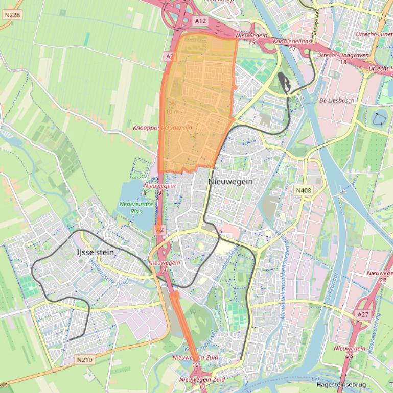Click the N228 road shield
tap(12, 15)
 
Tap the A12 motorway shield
tap(201, 21)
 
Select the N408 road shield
tap(304, 191)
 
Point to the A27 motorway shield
tap(363, 315)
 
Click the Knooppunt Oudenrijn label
tap(163, 128)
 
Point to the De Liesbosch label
tap(337, 100)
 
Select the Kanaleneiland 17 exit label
tap(292, 44)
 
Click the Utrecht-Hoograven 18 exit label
tap(339, 58)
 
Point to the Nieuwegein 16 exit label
tap(251, 39)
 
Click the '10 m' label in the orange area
tap(174, 112)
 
